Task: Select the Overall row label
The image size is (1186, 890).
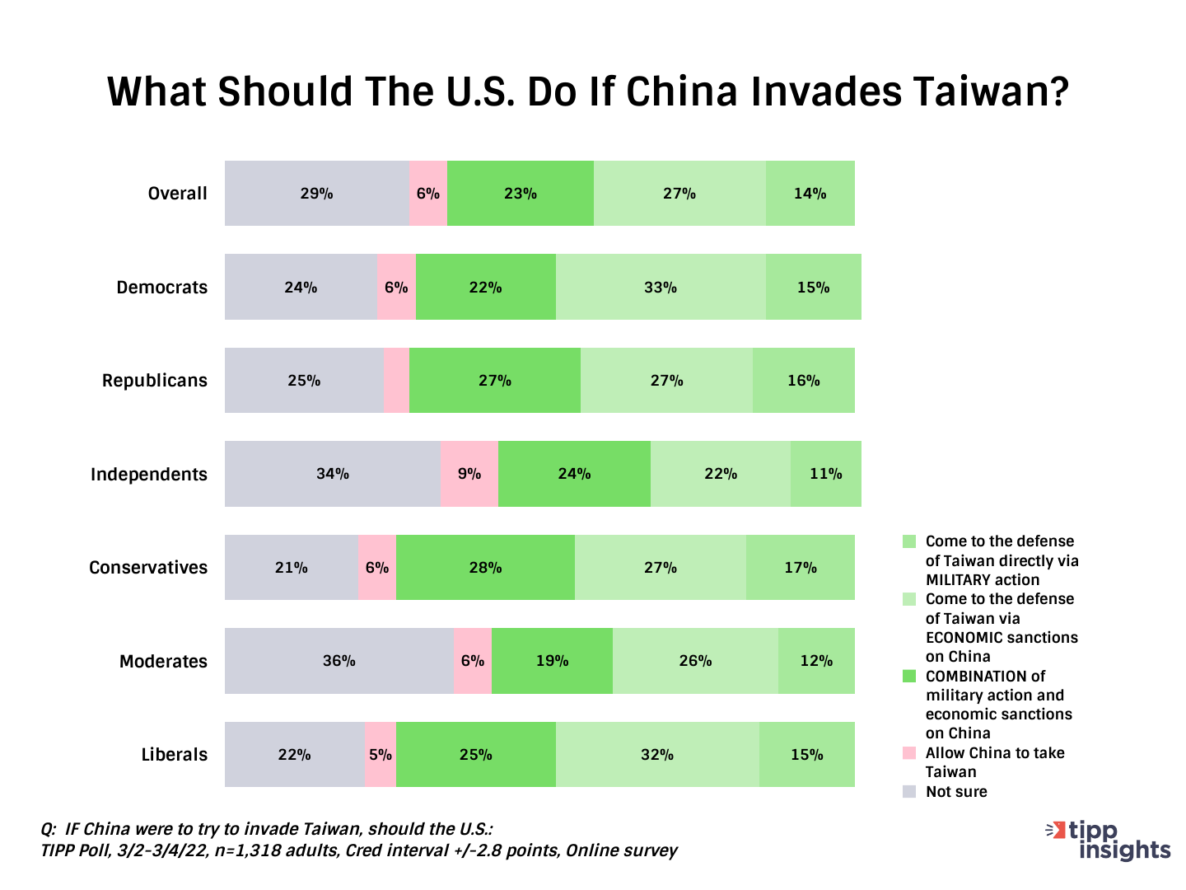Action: click(x=177, y=194)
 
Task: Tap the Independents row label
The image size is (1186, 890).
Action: click(x=148, y=475)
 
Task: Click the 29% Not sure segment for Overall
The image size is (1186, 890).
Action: click(x=317, y=194)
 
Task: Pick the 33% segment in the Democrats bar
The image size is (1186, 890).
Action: click(x=661, y=288)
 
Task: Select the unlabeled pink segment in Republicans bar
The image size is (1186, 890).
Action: click(x=396, y=381)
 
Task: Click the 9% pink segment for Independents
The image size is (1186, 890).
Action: click(x=469, y=474)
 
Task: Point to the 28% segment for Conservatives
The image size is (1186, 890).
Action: click(x=485, y=568)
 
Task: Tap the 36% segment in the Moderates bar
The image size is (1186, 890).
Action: click(x=339, y=661)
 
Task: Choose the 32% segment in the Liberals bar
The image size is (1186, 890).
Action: click(x=657, y=755)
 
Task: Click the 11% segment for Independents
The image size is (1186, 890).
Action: click(x=825, y=474)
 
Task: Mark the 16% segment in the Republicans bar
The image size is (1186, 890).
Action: click(x=803, y=381)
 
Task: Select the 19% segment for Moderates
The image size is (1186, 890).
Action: click(x=552, y=661)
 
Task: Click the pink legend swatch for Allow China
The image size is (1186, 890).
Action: click(x=909, y=753)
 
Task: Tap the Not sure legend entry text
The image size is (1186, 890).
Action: click(x=956, y=792)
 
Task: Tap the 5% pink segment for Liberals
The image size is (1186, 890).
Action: click(x=381, y=755)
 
